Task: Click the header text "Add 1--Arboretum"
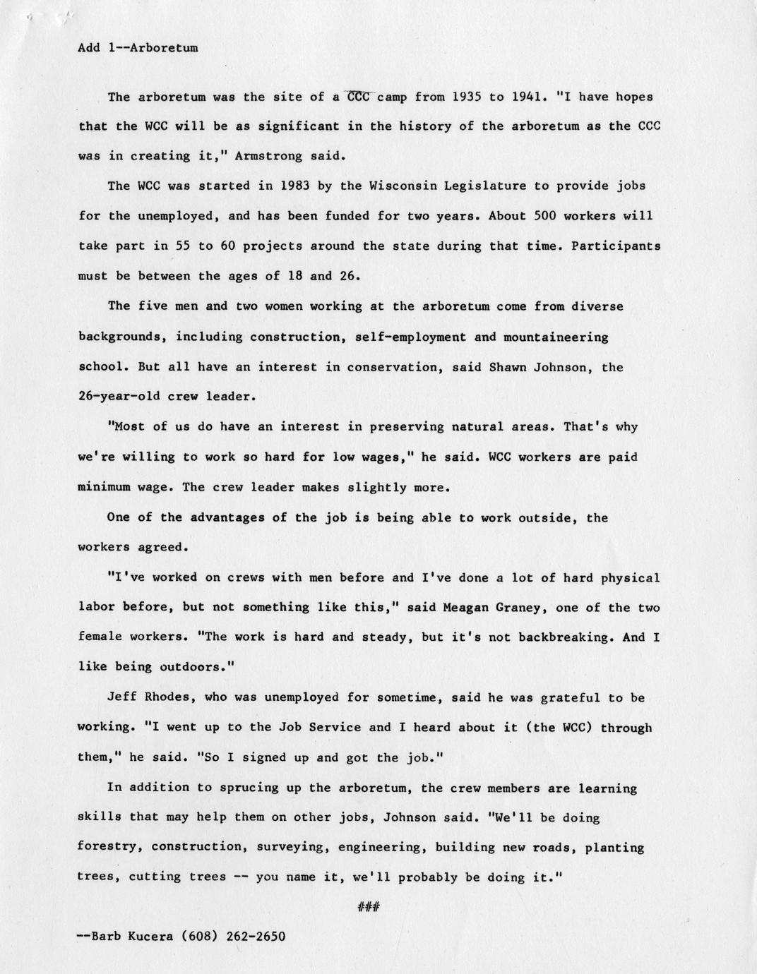tap(138, 48)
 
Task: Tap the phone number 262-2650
tap(256, 937)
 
